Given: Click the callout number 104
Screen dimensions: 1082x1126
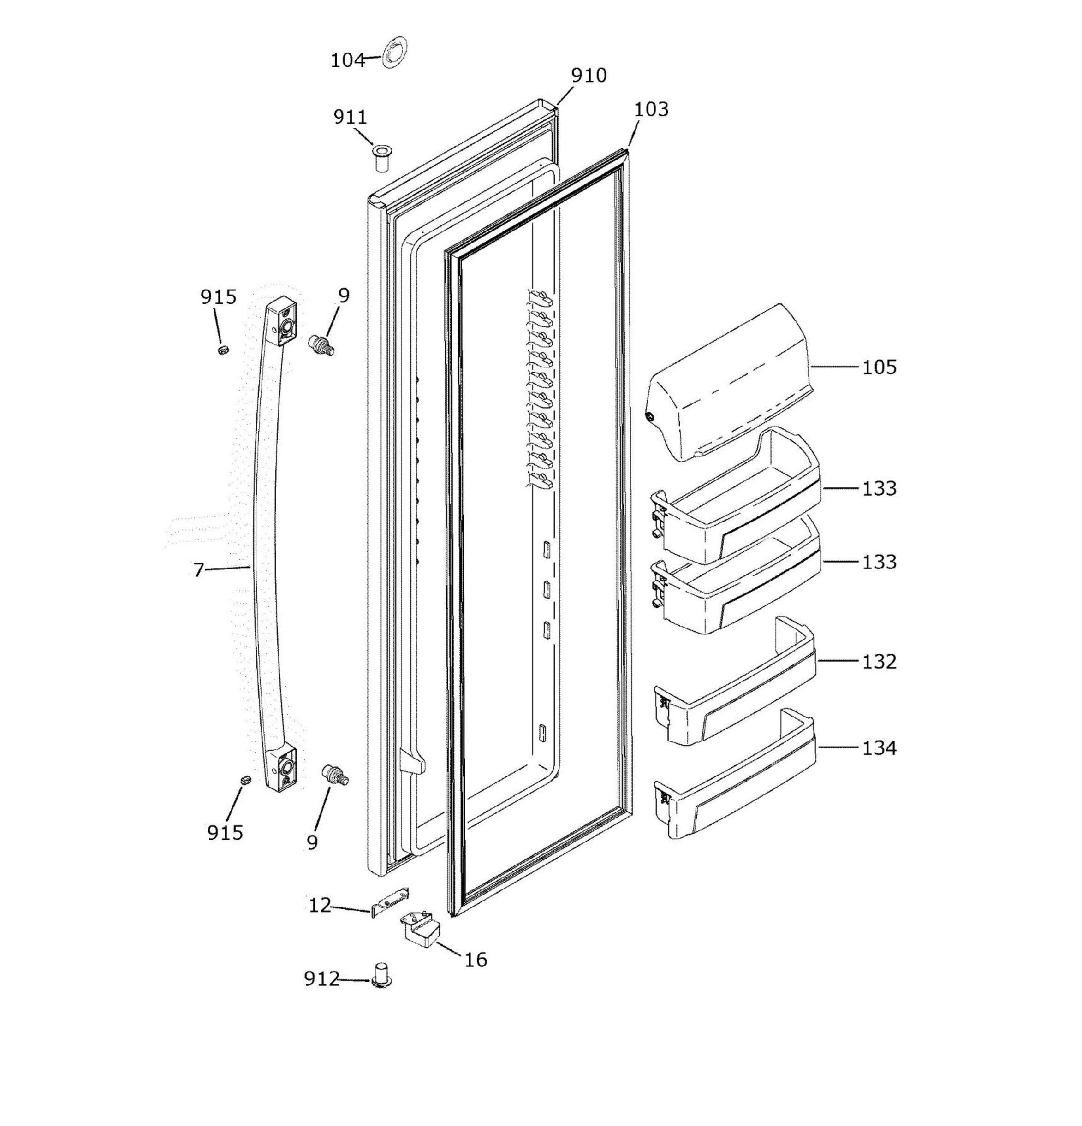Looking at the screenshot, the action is [x=348, y=60].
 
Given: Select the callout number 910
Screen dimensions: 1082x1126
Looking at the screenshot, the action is [x=589, y=75].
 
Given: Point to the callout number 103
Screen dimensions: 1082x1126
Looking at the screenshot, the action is [x=651, y=109].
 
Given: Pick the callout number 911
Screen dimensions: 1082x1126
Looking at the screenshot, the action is [x=350, y=117].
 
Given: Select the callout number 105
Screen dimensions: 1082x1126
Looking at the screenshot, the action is [x=879, y=367].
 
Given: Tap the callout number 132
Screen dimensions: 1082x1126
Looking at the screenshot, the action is [x=879, y=662].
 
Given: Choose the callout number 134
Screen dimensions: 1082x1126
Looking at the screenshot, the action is [x=879, y=748].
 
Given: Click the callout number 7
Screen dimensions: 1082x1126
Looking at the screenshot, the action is [x=199, y=570].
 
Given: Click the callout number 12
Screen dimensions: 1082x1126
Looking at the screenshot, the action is [x=320, y=906].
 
